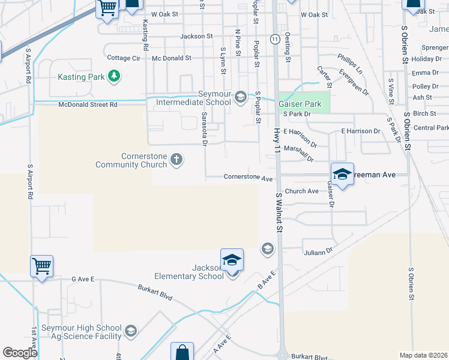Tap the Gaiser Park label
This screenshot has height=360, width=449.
[x=300, y=104]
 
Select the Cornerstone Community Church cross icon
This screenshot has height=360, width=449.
[x=176, y=159]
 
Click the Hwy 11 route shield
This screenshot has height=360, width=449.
[x=274, y=39]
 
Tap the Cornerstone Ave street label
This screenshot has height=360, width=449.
[x=248, y=178]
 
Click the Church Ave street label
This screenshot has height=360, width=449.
[x=301, y=191]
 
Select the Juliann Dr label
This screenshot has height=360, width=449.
[x=318, y=253]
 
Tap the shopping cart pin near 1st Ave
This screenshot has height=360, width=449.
[x=41, y=265]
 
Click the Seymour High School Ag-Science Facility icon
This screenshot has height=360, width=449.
[x=130, y=331]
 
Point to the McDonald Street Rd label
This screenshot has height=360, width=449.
[x=88, y=104]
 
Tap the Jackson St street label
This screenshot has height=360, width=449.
[x=196, y=36]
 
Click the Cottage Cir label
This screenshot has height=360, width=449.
[x=123, y=58]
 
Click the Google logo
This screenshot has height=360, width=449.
[x=20, y=353]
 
